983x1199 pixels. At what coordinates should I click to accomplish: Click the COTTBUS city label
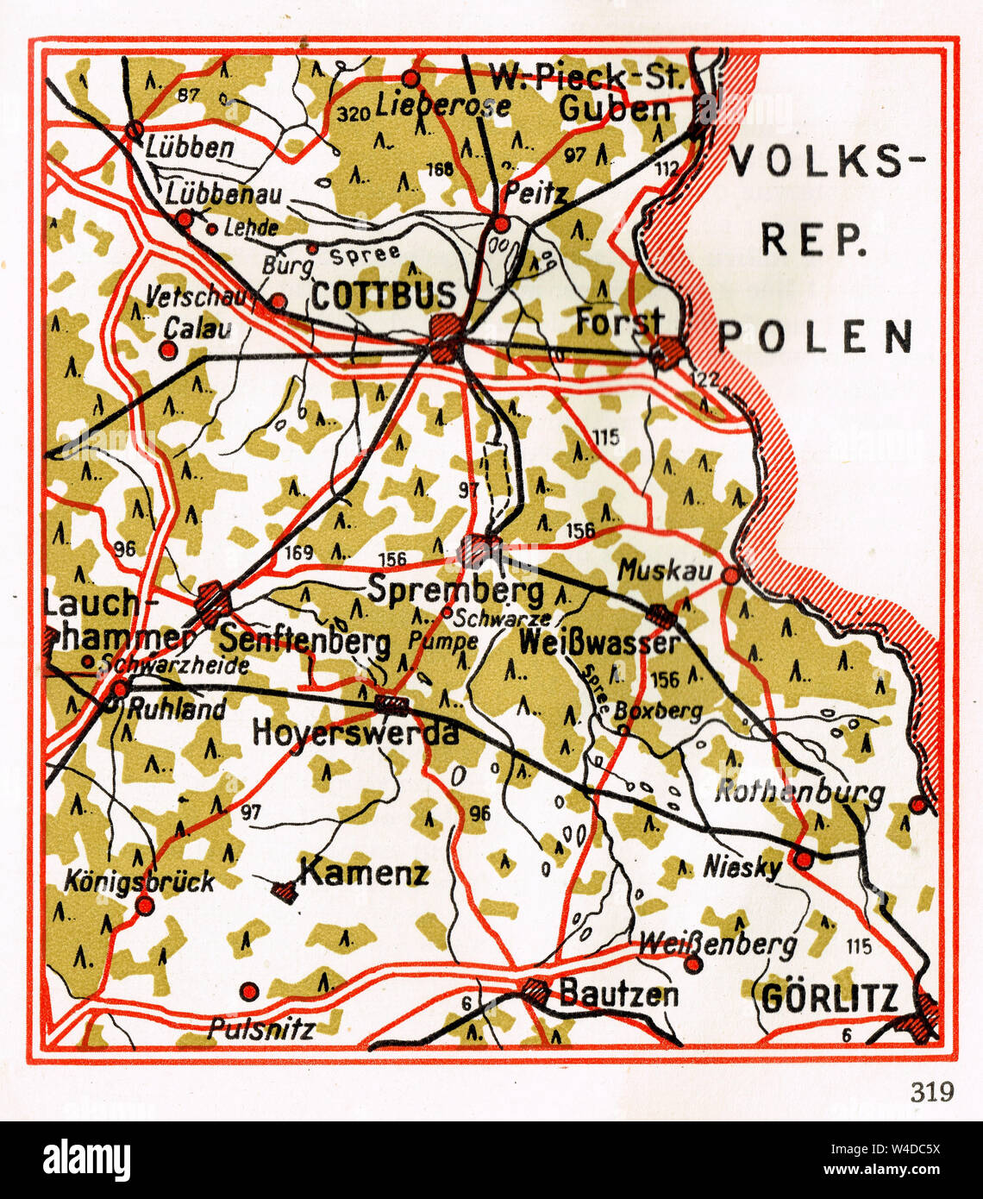pos(383,296)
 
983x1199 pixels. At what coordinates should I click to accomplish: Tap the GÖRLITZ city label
pos(830,998)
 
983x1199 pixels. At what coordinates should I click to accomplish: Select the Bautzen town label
pos(618,994)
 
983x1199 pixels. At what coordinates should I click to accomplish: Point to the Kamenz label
pos(364,873)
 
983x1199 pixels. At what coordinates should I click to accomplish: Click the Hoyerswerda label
pos(354,732)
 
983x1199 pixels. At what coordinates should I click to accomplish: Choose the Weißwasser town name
pos(598,643)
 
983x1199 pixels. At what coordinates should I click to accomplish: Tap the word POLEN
pos(816,336)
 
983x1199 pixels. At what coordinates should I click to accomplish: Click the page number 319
pos(932,1091)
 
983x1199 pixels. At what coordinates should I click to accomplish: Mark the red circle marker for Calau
pos(169,350)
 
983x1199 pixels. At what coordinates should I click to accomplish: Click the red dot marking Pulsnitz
pos(249,991)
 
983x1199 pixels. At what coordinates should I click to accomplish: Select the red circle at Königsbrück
pos(145,906)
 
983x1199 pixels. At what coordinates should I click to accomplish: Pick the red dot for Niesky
pos(803,859)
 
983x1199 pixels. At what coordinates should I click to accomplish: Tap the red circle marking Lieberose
pos(411,79)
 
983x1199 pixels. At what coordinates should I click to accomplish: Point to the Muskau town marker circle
pos(730,574)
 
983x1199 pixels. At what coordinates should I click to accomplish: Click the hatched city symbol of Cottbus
pos(447,335)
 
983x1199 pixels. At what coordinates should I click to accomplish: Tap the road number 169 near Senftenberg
pos(298,552)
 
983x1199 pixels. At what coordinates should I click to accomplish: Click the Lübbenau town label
pos(223,193)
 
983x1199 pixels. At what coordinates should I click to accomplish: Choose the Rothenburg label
pos(798,792)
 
